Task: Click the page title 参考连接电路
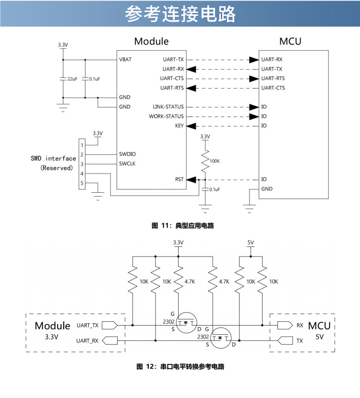click(180, 15)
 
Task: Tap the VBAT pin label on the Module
click(125, 60)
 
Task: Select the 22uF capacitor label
click(72, 78)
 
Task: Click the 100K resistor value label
click(215, 161)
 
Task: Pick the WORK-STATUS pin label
click(166, 117)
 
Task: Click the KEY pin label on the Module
click(179, 126)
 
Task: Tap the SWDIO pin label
click(127, 154)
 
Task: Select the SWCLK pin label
click(127, 164)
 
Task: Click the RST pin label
click(179, 179)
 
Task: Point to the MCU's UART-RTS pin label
click(273, 79)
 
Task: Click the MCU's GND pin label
click(267, 189)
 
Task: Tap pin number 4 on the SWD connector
click(82, 174)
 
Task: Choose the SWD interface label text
click(53, 159)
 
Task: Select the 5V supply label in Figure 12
click(251, 243)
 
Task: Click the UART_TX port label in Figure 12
click(87, 326)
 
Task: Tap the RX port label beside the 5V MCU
click(300, 326)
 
